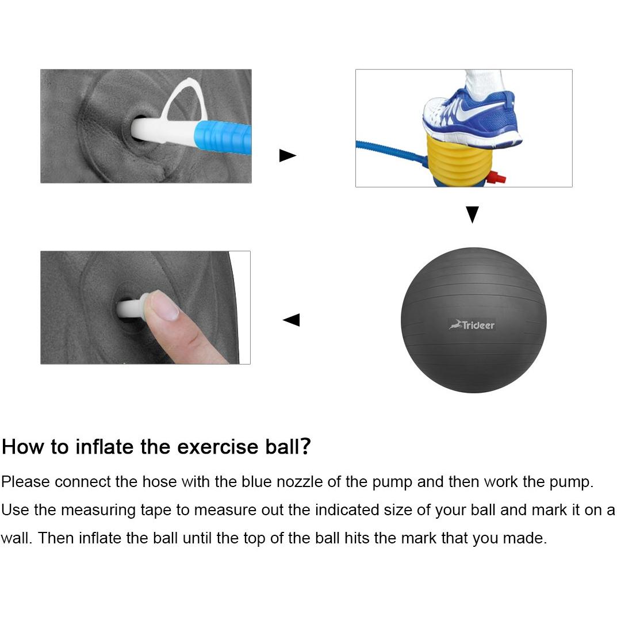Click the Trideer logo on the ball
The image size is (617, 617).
click(472, 325)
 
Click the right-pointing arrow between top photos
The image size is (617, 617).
click(287, 155)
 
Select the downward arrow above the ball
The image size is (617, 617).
click(472, 215)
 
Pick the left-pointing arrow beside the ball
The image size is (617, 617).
click(292, 320)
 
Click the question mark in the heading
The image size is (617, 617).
click(306, 446)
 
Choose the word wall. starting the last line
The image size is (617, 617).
click(16, 539)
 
